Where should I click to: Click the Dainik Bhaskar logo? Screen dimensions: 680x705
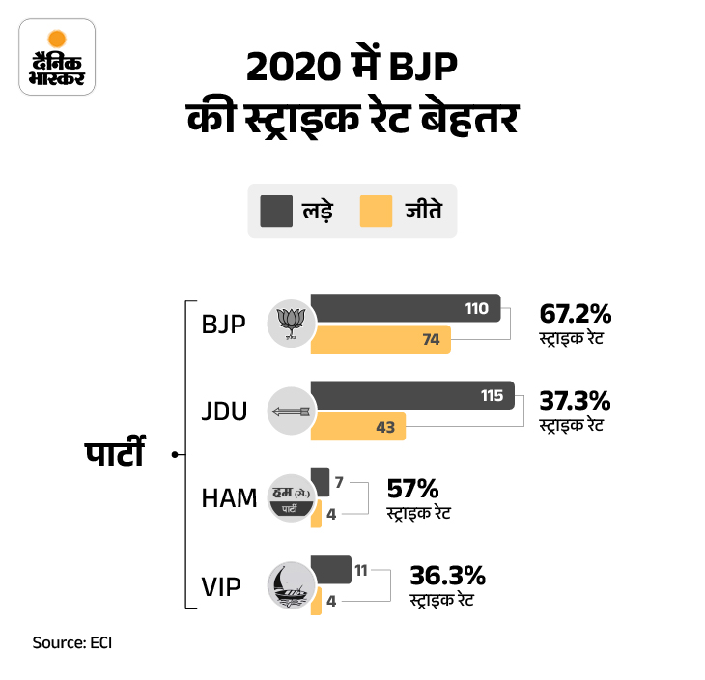click(x=57, y=57)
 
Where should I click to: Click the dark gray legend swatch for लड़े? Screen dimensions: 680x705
click(x=275, y=210)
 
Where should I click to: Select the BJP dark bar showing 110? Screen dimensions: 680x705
click(x=406, y=308)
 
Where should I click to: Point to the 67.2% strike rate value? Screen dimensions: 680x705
click(x=575, y=314)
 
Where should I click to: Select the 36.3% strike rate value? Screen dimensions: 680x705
click(x=447, y=577)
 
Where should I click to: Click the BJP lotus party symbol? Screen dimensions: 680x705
click(x=290, y=324)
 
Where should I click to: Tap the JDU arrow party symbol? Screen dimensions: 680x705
click(x=290, y=411)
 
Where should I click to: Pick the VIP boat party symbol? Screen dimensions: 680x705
click(x=290, y=586)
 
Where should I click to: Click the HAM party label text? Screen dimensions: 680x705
click(x=229, y=498)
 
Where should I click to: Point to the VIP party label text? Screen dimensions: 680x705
click(x=220, y=585)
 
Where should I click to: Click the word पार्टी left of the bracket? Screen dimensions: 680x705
click(x=113, y=452)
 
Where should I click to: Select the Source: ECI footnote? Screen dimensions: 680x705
click(x=72, y=642)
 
